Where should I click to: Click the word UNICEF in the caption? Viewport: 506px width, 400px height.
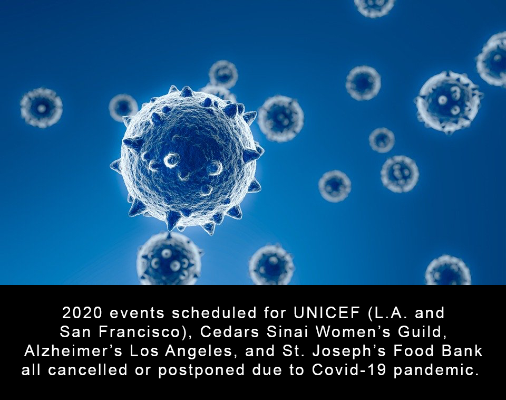tap(327, 313)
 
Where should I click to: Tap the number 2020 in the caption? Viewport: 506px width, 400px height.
tap(82, 313)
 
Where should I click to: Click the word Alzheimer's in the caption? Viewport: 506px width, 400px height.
tap(73, 351)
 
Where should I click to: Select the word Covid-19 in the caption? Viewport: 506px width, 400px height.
tap(349, 370)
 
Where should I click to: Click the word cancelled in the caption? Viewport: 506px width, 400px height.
tap(88, 370)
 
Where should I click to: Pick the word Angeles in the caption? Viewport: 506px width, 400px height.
tap(199, 351)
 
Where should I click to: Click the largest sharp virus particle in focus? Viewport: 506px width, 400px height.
tap(187, 159)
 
